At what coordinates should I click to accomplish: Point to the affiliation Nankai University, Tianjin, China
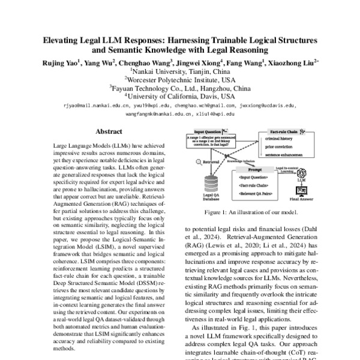tap(179, 70)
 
